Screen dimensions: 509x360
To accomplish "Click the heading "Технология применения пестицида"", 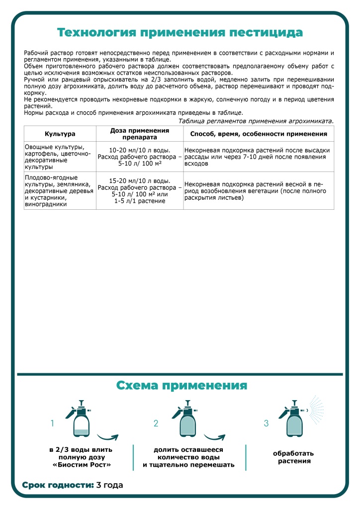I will click(180, 33).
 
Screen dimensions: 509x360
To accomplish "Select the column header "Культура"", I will click(60, 134).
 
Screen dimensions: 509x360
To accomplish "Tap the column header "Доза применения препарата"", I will click(139, 134).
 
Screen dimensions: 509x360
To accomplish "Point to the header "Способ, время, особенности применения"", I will click(259, 134).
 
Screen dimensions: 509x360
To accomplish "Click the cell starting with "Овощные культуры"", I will click(60, 157).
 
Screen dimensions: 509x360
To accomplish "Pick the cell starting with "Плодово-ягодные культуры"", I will click(60, 190).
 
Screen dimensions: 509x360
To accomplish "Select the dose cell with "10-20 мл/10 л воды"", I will click(139, 157).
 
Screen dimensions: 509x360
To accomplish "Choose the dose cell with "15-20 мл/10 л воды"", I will click(139, 190).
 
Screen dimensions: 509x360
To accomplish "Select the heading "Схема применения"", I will click(181, 385).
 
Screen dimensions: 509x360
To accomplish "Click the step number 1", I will click(52, 424).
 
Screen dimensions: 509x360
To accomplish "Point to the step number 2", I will click(156, 424).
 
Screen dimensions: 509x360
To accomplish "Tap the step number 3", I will click(266, 424).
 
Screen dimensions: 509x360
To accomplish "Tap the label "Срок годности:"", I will click(58, 485).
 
